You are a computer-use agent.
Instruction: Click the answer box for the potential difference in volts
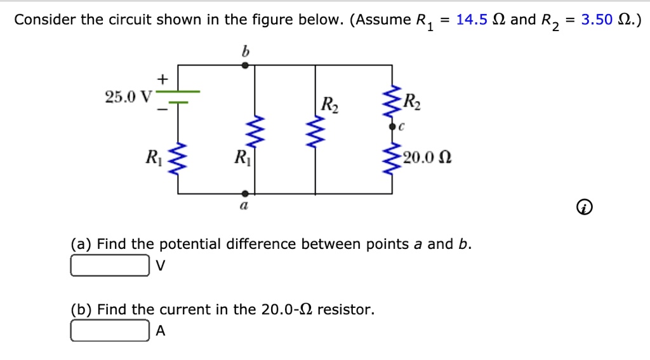coord(109,265)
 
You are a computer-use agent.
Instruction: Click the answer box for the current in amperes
coord(109,331)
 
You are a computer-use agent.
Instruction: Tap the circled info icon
coord(585,208)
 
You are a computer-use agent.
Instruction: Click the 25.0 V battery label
coord(128,97)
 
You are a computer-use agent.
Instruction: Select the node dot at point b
coord(246,65)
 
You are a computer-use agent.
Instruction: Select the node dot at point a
coord(246,192)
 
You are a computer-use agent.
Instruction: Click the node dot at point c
coord(393,127)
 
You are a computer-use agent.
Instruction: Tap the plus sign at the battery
coord(162,79)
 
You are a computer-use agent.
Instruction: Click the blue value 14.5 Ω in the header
coord(476,20)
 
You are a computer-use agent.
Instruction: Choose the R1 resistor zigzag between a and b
coord(255,130)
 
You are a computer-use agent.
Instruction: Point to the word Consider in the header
coord(44,20)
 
